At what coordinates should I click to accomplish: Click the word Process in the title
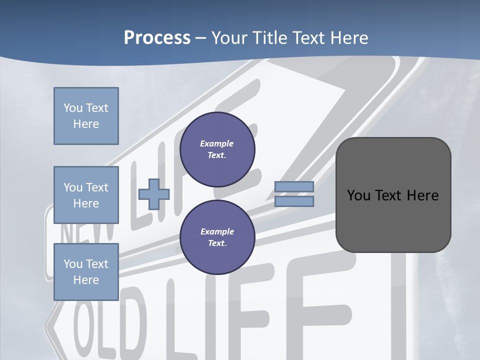[x=157, y=38]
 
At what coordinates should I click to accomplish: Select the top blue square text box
[x=86, y=116]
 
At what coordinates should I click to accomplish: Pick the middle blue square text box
[x=86, y=195]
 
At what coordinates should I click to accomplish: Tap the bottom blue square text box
[x=86, y=272]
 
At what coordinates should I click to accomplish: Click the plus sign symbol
[x=154, y=194]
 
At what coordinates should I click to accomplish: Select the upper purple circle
[x=217, y=149]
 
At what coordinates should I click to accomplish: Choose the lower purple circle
[x=217, y=237]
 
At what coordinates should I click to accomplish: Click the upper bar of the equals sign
[x=294, y=186]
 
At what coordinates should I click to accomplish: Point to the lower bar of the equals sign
[x=294, y=201]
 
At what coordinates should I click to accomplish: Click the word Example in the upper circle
[x=217, y=143]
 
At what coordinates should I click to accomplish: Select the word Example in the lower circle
[x=217, y=231]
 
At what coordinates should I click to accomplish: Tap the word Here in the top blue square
[x=86, y=124]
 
